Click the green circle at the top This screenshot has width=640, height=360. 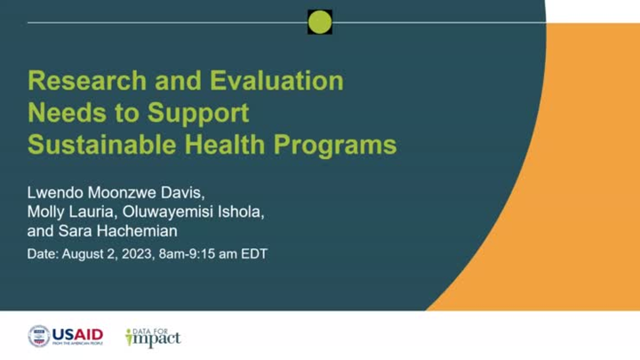click(320, 22)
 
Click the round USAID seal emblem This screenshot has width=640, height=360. click(38, 336)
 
